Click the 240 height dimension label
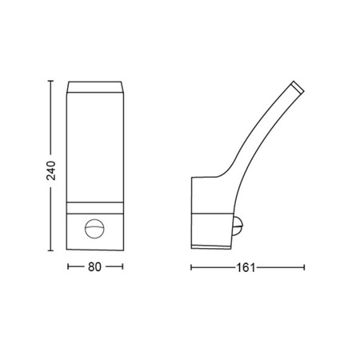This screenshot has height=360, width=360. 51,170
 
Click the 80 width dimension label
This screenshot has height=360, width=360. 94,266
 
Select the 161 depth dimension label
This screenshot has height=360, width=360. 246,267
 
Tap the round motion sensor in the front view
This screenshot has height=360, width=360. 94,229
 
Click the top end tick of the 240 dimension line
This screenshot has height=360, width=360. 50,81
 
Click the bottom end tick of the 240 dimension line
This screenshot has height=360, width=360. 50,250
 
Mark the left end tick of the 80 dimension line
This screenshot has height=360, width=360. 68,266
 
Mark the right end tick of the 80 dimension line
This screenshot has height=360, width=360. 122,266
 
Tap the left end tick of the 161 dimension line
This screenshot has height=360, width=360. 191,267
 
